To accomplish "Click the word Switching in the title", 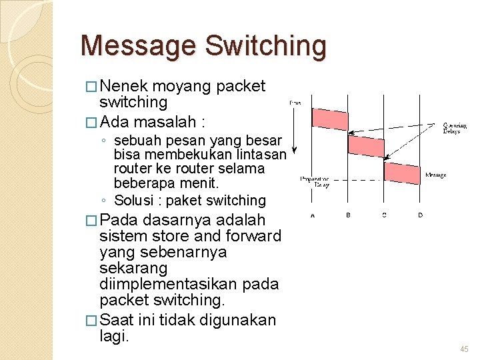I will coord(265,46).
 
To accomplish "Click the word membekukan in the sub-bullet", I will coord(177,155).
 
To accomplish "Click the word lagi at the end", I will coord(113,337).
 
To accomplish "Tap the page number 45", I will coord(464,349).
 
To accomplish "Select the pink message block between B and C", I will coord(366,145).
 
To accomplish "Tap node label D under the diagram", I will coord(419,215).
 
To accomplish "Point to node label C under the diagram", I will coord(384,215).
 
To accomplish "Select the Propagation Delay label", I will coord(314,182).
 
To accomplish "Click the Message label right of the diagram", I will coord(436,175).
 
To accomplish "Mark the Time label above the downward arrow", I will coord(294,102).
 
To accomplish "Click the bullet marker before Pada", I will coord(91,221).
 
